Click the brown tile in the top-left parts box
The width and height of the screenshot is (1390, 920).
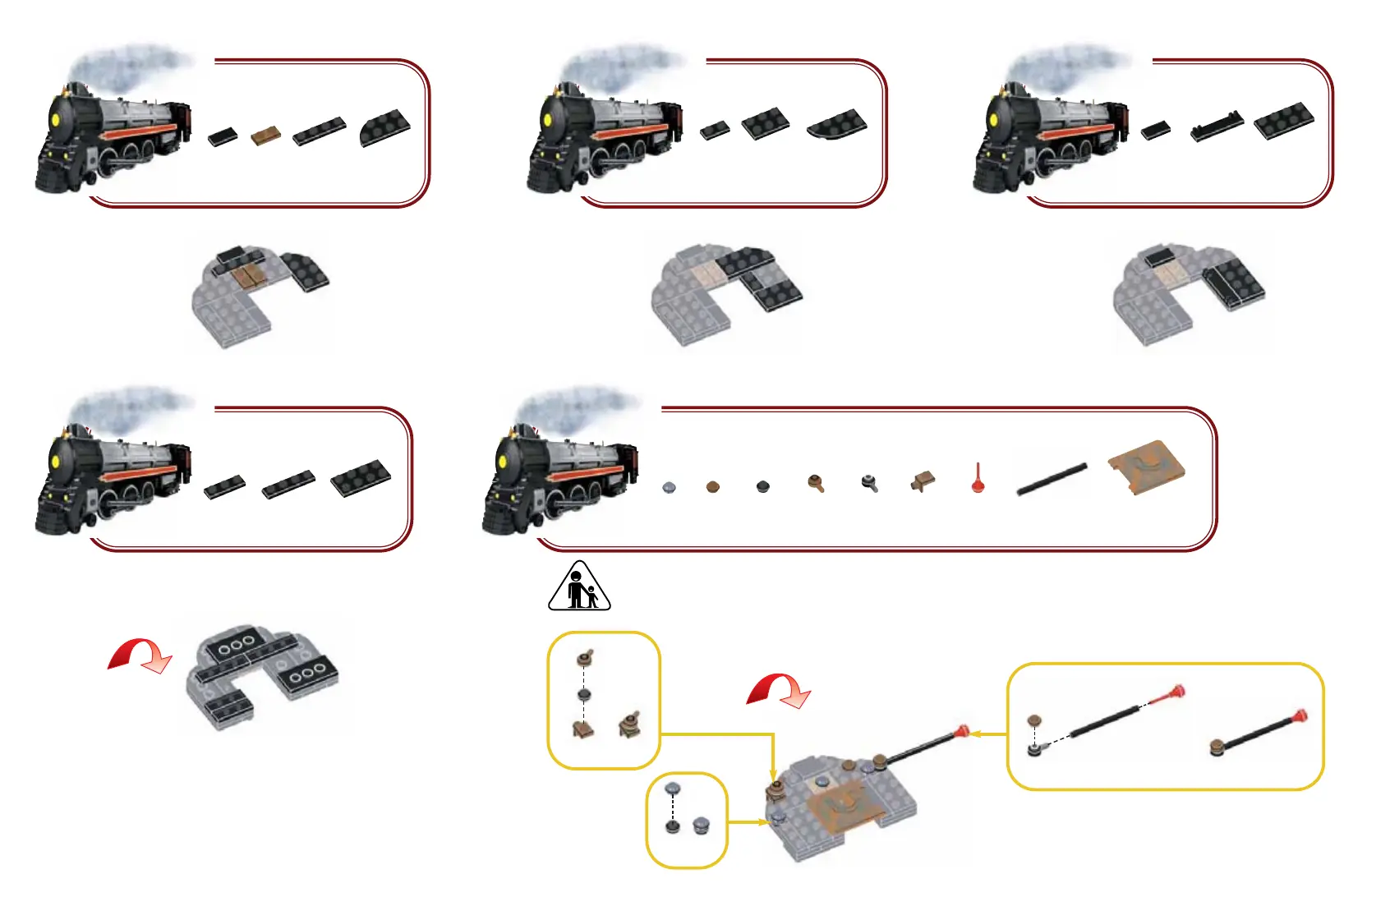tap(265, 136)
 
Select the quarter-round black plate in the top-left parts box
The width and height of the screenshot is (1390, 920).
tap(385, 128)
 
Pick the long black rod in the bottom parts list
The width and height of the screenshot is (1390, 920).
tap(1052, 480)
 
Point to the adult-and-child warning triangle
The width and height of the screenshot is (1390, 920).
tap(579, 588)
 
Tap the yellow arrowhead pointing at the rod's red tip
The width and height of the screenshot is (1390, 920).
tap(975, 734)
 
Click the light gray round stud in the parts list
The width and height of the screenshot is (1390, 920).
tap(670, 488)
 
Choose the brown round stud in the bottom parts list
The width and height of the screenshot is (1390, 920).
tap(712, 487)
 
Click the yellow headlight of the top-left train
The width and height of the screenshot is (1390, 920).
tap(57, 120)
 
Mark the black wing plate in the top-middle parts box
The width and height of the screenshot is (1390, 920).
tap(837, 124)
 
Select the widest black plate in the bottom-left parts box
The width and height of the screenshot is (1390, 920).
tap(361, 478)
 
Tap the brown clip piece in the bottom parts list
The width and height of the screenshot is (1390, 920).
tap(923, 481)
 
